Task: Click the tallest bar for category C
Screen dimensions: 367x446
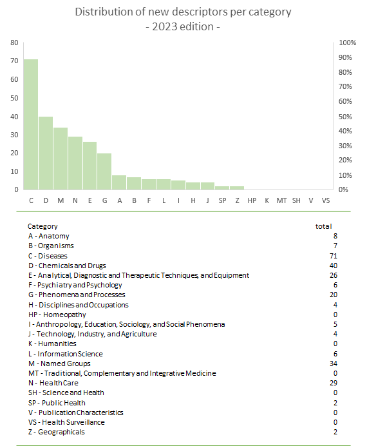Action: (x=31, y=124)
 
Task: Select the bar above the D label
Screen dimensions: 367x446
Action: (x=46, y=153)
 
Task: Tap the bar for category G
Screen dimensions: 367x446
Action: (x=104, y=171)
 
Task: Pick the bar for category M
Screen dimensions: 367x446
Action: (x=61, y=159)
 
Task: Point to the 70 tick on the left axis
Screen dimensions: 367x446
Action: (x=14, y=61)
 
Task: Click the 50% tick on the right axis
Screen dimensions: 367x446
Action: (x=345, y=117)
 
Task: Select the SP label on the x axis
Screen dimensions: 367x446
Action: (x=222, y=200)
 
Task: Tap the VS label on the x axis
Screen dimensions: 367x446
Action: (x=326, y=200)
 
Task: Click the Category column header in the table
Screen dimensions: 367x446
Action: (x=42, y=226)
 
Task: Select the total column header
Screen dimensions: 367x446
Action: (x=323, y=226)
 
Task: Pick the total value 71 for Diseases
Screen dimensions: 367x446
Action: (x=334, y=256)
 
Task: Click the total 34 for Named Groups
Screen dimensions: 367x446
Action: (x=334, y=364)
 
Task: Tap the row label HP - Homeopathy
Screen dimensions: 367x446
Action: (x=57, y=315)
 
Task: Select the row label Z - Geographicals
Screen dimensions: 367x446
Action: (x=57, y=432)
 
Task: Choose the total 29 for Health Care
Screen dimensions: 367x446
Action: (x=334, y=383)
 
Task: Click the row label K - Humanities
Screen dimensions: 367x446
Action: (x=52, y=344)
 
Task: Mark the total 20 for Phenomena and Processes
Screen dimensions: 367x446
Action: (x=334, y=295)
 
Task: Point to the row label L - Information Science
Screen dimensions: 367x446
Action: (x=65, y=354)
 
